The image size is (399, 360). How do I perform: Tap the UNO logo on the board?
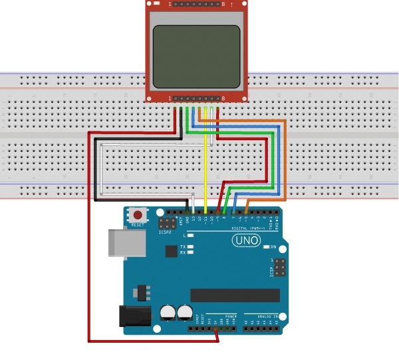point(245,240)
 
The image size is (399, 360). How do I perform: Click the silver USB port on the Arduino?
point(126,243)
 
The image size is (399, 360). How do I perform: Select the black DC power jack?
point(133,315)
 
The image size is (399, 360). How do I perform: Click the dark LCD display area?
point(196,56)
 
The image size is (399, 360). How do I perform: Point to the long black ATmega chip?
point(235,295)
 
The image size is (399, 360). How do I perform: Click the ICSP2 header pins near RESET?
point(168,223)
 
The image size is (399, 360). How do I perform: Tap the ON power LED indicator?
point(266,247)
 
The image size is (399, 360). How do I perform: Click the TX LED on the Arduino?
point(191,247)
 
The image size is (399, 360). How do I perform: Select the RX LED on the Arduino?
point(191,253)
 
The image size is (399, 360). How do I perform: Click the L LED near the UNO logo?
point(191,236)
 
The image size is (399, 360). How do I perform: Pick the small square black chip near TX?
point(172,251)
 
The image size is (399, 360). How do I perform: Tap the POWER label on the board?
point(231,316)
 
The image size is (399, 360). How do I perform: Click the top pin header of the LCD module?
point(196,5)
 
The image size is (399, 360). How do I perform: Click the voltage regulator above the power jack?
point(141,292)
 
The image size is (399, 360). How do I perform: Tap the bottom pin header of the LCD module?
point(196,98)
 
